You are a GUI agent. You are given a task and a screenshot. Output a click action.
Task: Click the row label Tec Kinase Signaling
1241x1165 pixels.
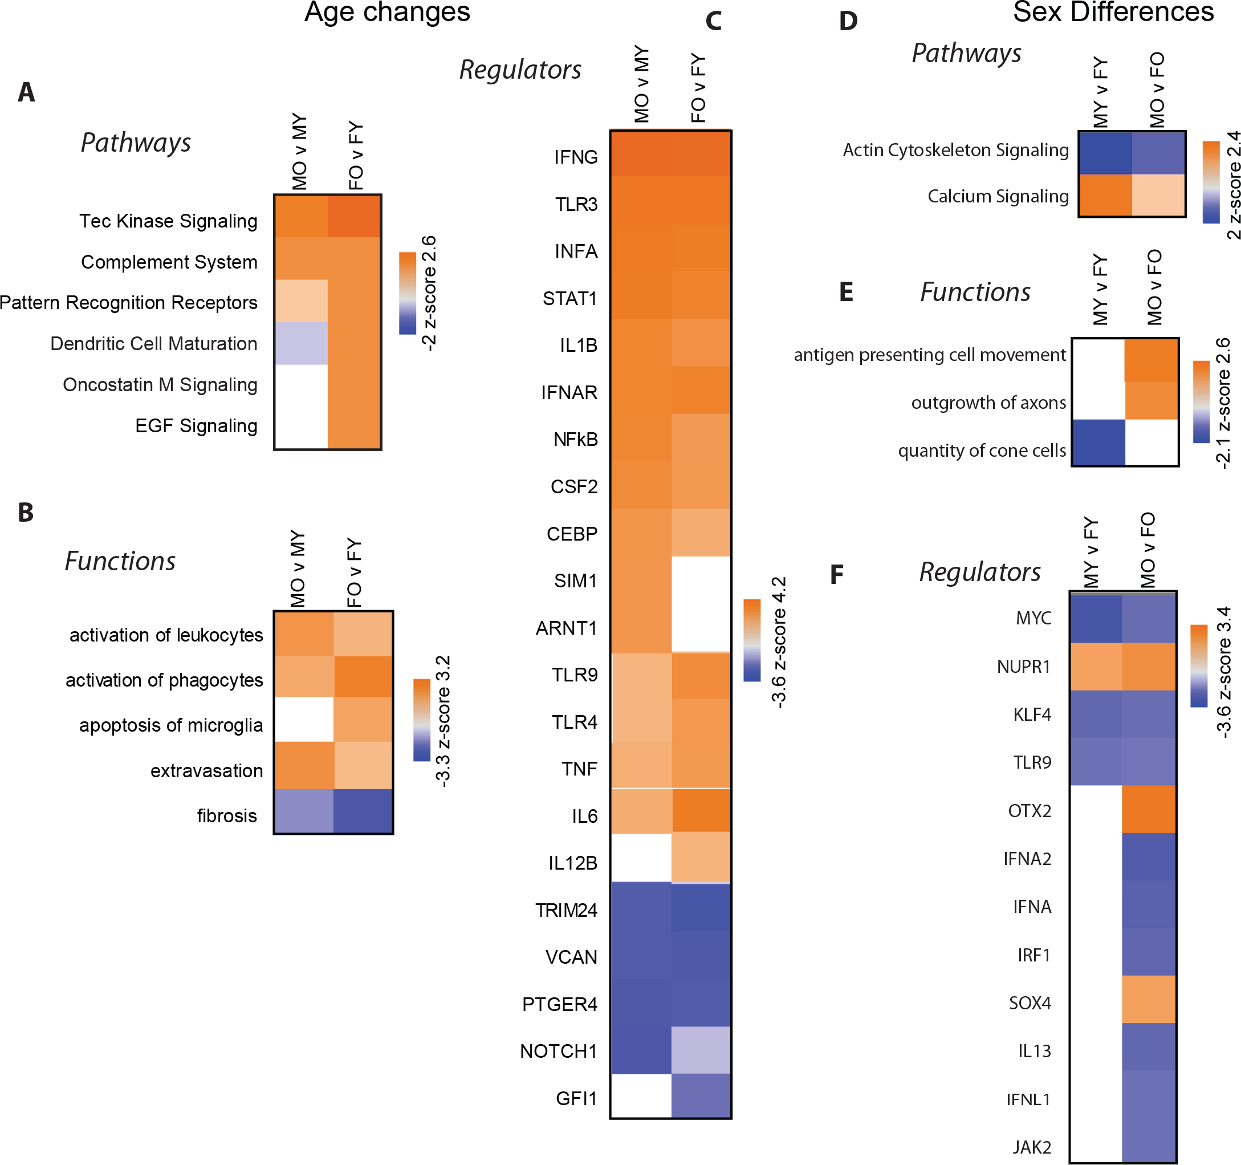[x=168, y=221]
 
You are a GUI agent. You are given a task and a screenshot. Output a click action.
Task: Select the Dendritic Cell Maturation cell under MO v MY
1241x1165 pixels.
[x=301, y=343]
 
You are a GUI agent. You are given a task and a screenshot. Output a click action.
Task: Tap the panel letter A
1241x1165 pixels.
[x=26, y=92]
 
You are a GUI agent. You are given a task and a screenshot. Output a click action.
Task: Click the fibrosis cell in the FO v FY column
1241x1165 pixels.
[x=363, y=811]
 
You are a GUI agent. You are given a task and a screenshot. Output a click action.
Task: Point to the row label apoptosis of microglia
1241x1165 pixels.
[x=170, y=725]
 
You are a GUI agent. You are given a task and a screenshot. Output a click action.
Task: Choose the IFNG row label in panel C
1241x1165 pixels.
[x=576, y=157]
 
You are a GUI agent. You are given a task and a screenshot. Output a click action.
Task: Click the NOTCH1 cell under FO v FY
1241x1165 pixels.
[x=701, y=1051]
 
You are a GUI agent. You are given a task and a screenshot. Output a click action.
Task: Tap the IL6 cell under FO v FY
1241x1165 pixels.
[x=701, y=810]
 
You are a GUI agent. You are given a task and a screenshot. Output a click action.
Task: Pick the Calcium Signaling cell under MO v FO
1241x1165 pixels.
[x=1158, y=196]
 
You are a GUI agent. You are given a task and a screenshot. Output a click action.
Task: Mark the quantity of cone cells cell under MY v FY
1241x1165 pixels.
[x=1098, y=443]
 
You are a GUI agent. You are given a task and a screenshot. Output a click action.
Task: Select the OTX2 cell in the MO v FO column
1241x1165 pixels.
[x=1149, y=809]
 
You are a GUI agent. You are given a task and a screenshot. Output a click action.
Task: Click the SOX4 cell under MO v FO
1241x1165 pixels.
[x=1149, y=1000]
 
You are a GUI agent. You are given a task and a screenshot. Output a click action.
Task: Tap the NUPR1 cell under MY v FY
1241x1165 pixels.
[x=1096, y=666]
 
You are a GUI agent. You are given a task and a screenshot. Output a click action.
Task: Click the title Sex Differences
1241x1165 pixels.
[x=1113, y=13]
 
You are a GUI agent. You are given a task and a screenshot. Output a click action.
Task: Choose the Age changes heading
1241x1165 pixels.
[x=387, y=13]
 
